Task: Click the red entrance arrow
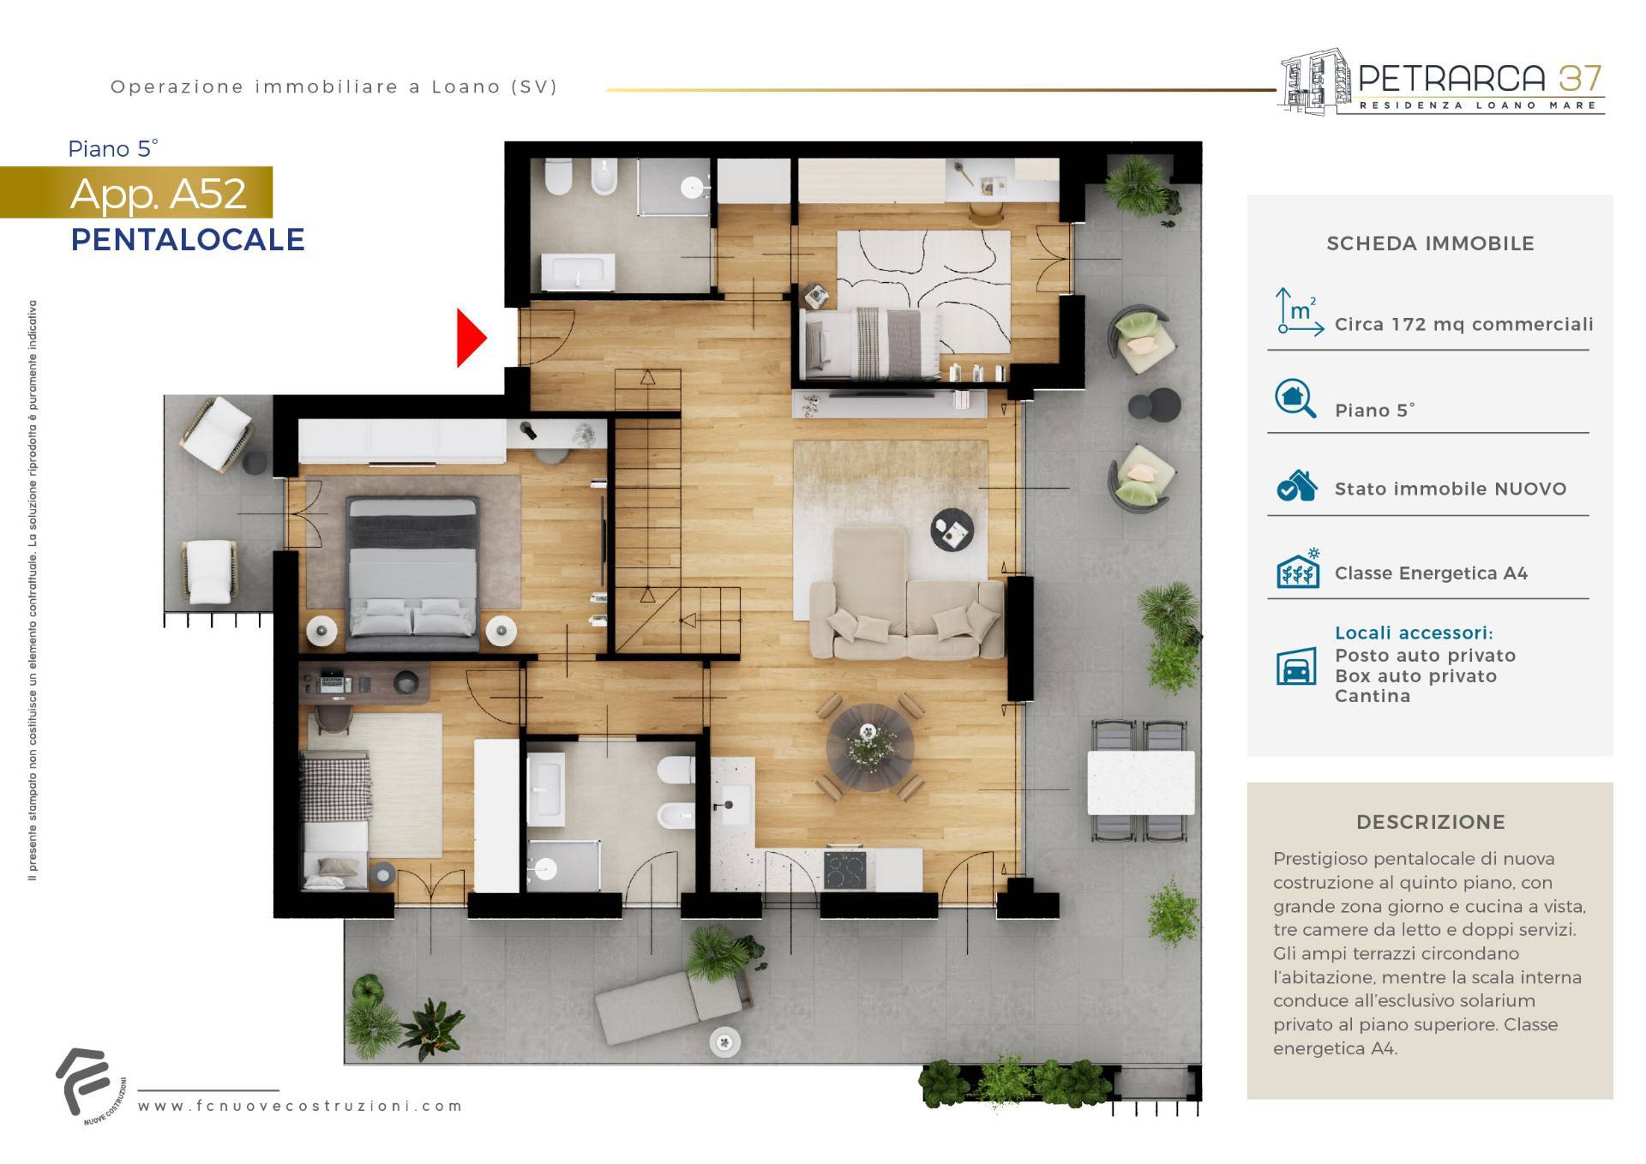tap(471, 339)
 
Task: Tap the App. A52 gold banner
tap(136, 192)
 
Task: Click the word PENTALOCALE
tap(188, 239)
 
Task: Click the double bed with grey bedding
tap(412, 567)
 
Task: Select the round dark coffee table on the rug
tap(952, 530)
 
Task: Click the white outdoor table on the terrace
tap(1141, 782)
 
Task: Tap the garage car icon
tap(1296, 666)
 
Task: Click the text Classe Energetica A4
tap(1431, 573)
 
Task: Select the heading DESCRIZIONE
tap(1431, 822)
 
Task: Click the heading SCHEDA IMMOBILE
tap(1430, 243)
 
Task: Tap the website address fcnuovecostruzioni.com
tap(300, 1106)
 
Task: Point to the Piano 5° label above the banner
tap(113, 149)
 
